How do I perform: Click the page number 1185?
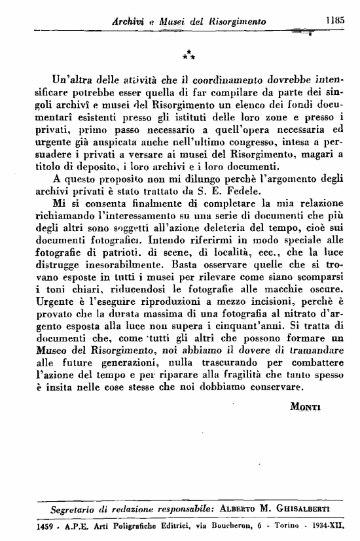pyautogui.click(x=334, y=21)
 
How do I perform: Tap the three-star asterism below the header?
pyautogui.click(x=187, y=54)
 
